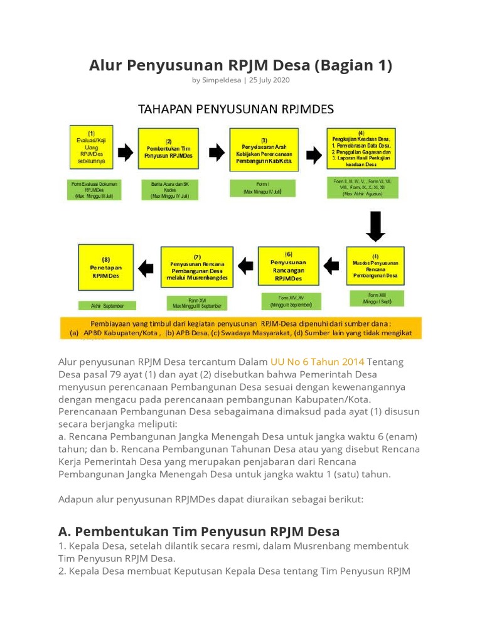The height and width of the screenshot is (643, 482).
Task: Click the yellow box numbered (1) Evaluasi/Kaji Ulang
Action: pyautogui.click(x=92, y=148)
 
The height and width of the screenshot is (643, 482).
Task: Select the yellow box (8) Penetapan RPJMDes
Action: pyautogui.click(x=105, y=267)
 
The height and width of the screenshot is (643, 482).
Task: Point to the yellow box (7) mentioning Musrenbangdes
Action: pyautogui.click(x=197, y=267)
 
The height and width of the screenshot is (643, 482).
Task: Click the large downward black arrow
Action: pyautogui.click(x=375, y=227)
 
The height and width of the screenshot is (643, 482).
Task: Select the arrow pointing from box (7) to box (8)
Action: pyautogui.click(x=146, y=268)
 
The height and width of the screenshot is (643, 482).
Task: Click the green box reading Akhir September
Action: pyautogui.click(x=105, y=306)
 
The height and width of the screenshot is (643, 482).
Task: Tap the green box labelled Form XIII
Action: pyautogui.click(x=375, y=298)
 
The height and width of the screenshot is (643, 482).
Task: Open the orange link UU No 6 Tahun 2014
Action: pyautogui.click(x=317, y=362)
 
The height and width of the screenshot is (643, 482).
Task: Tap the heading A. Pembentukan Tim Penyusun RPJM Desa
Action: pyautogui.click(x=199, y=531)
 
